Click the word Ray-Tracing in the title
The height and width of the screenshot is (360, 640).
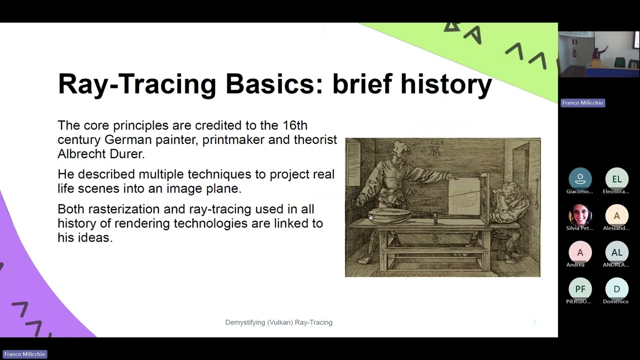pyautogui.click(x=137, y=84)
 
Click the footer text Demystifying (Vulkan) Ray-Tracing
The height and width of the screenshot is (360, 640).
pyautogui.click(x=278, y=322)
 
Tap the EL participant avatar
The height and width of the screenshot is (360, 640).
pyautogui.click(x=616, y=179)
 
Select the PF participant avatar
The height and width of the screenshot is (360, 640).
pyautogui.click(x=580, y=289)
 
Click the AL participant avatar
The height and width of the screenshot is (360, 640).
pyautogui.click(x=616, y=252)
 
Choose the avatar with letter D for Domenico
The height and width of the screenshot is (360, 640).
pyautogui.click(x=616, y=289)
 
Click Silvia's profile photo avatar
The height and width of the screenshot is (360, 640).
pyautogui.click(x=580, y=216)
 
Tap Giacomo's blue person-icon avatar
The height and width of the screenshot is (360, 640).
pyautogui.click(x=580, y=179)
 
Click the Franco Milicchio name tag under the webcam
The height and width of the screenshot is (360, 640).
pyautogui.click(x=582, y=102)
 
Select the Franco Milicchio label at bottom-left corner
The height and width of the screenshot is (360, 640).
pyautogui.click(x=24, y=354)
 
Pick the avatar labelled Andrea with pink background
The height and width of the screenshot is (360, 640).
pyautogui.click(x=580, y=252)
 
